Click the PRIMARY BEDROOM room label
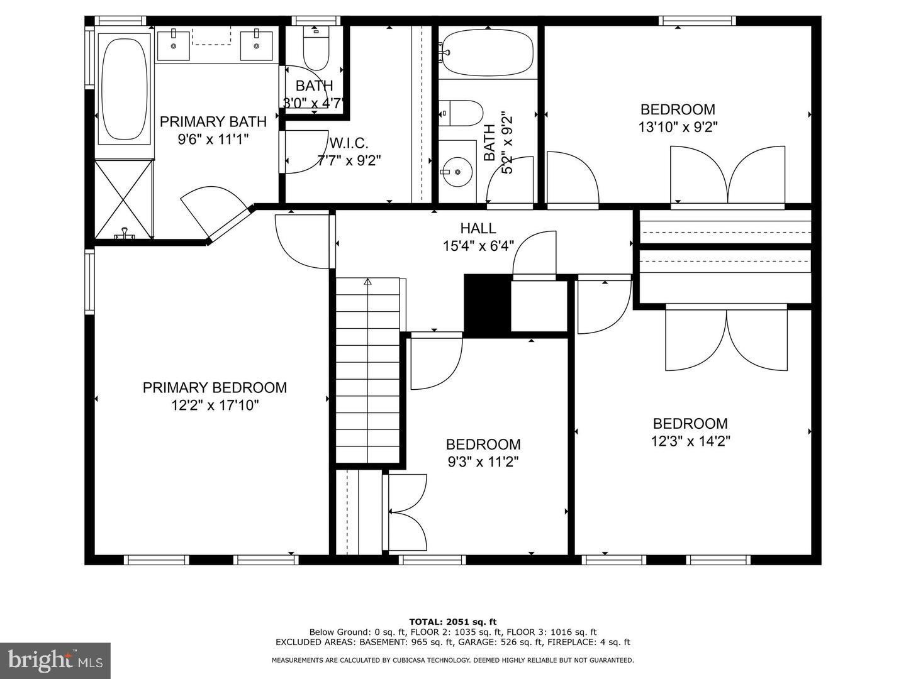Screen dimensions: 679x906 (215, 388)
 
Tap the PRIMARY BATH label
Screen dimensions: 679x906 (213, 121)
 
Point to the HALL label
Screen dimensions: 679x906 (478, 228)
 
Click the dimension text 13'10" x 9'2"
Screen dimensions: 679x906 (678, 127)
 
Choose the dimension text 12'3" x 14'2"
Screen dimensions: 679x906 (690, 441)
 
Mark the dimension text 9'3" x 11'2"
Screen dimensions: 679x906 (483, 463)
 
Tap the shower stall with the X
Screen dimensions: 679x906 (124, 199)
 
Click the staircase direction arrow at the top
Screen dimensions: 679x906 (367, 282)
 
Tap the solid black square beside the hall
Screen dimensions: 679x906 (486, 304)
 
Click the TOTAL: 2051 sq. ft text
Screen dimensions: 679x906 (452, 622)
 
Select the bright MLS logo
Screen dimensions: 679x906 (55, 660)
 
